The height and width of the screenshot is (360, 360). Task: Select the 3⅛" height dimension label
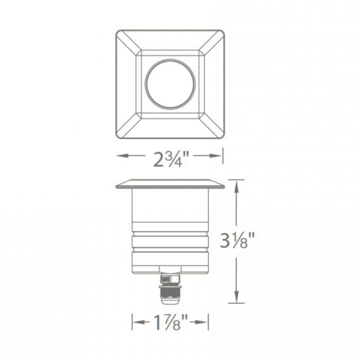[x=237, y=240]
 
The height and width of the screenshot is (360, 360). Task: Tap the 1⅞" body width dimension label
[x=171, y=322]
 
